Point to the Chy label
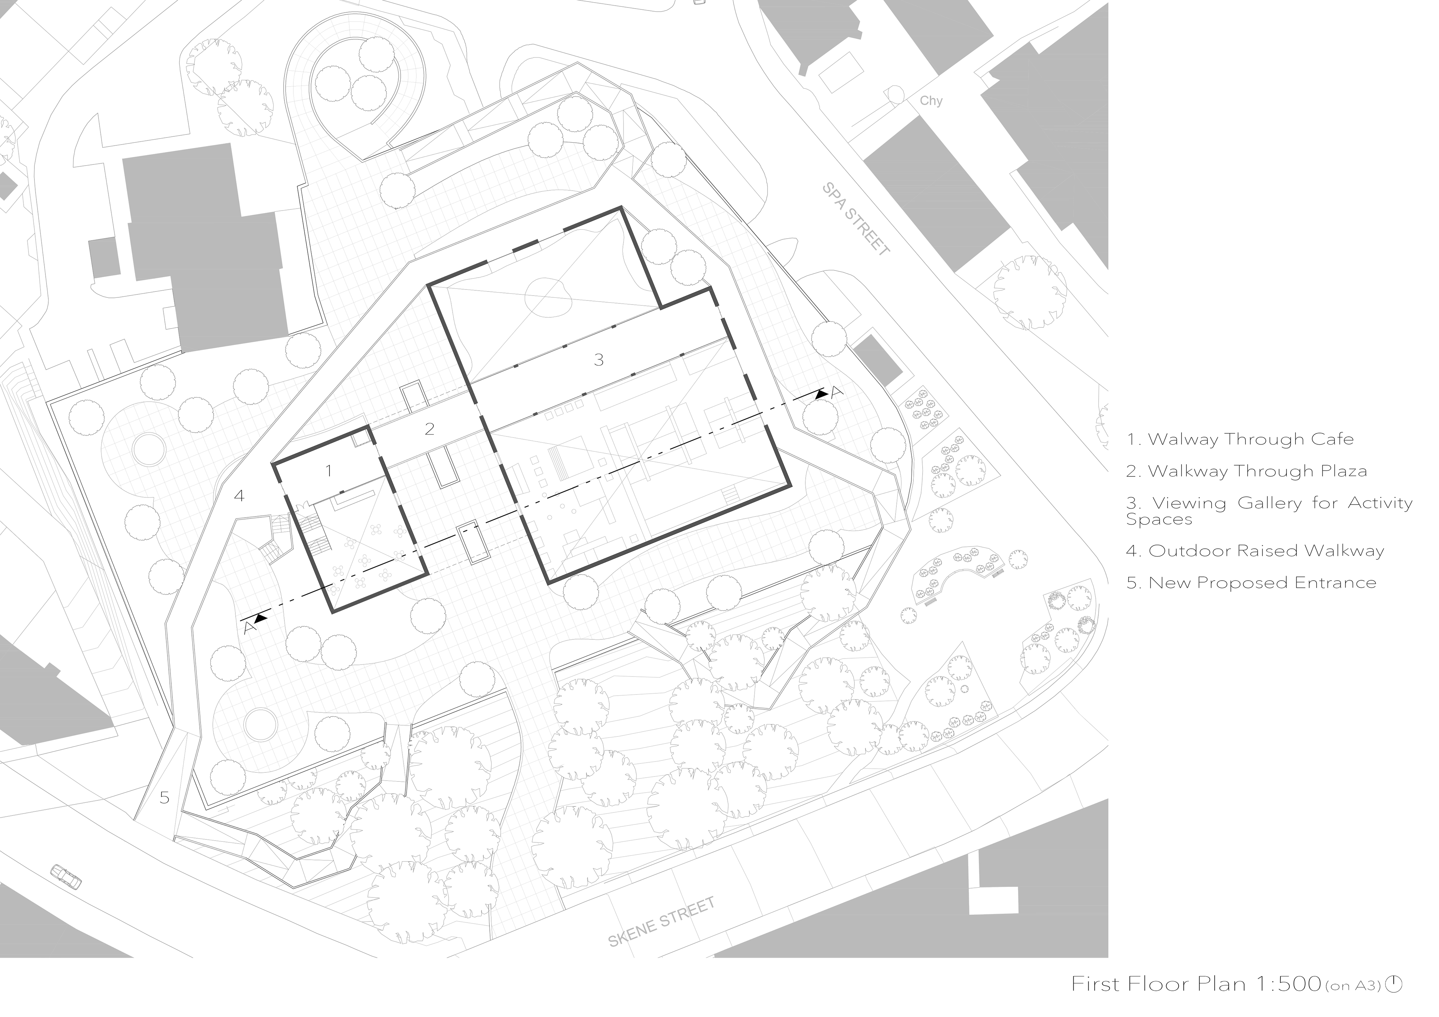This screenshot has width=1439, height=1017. (x=931, y=101)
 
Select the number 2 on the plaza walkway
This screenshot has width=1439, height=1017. (x=429, y=429)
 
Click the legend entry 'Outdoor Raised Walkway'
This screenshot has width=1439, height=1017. (x=1255, y=551)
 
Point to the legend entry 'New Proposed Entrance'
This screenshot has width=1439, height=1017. (x=1251, y=583)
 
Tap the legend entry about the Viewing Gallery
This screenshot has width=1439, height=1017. (x=1269, y=511)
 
